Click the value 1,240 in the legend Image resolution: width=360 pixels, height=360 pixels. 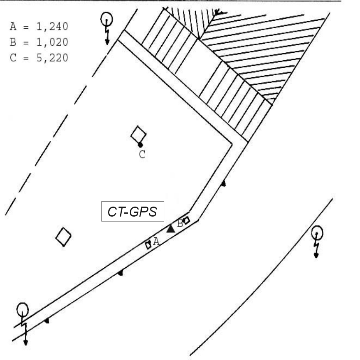[x=52, y=27]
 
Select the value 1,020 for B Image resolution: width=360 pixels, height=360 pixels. [x=52, y=42]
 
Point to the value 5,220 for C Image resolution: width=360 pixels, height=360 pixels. [x=52, y=58]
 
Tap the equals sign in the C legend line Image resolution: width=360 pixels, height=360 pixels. [x=26, y=58]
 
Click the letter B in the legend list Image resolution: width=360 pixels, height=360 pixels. [x=13, y=42]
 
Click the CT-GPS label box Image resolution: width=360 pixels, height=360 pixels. [x=133, y=212]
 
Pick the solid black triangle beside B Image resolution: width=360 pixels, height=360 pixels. [x=170, y=229]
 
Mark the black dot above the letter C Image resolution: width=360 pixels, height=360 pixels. [x=140, y=145]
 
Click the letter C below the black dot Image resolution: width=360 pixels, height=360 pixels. [x=142, y=154]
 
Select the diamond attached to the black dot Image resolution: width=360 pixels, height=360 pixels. [x=138, y=134]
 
